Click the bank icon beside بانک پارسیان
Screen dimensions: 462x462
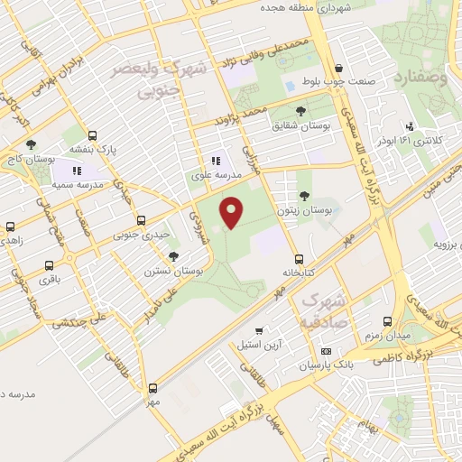pyautogui.click(x=326, y=351)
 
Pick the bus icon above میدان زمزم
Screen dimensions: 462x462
pyautogui.click(x=388, y=320)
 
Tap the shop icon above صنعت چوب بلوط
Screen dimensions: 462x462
pyautogui.click(x=338, y=68)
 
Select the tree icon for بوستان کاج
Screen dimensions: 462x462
pyautogui.click(x=32, y=144)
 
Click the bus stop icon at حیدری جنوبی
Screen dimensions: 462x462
pyautogui.click(x=140, y=219)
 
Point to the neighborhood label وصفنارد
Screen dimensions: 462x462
pyautogui.click(x=420, y=78)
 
